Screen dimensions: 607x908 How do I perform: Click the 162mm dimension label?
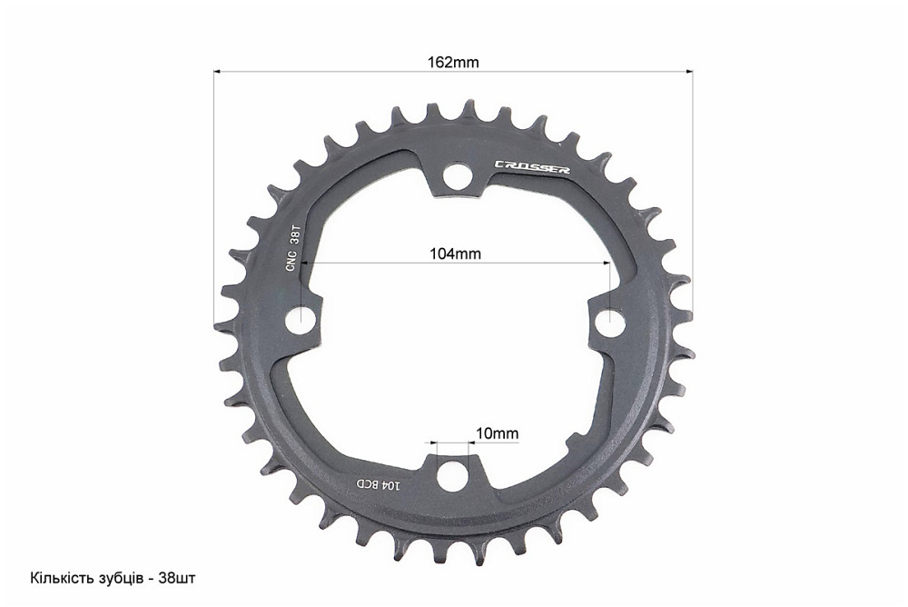pos(453,63)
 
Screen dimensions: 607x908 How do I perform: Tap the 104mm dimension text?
pos(455,254)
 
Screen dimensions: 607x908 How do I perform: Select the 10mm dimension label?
pos(497,433)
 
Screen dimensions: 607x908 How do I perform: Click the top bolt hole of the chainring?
pos(455,174)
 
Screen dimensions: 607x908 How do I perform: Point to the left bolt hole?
pos(302,321)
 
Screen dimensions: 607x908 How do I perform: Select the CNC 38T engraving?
pos(292,248)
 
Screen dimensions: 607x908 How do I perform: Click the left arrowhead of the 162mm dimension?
pos(218,70)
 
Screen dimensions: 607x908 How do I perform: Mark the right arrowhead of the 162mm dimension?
pos(688,70)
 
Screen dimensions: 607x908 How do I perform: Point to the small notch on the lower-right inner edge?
pos(572,444)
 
